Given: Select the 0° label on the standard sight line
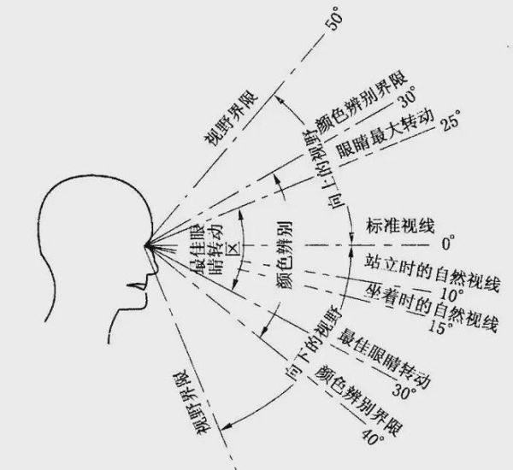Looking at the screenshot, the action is [x=448, y=244].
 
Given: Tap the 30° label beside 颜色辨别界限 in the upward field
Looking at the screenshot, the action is [x=408, y=97].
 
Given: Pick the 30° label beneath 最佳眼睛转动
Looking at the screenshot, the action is [x=404, y=391].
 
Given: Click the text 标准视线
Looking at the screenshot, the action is [x=400, y=226].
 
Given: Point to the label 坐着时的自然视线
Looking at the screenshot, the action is [x=432, y=307].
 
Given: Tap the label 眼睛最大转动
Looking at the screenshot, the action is [x=385, y=134].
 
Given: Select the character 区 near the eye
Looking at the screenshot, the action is [x=233, y=248].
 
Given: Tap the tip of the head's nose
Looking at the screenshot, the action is [x=157, y=269].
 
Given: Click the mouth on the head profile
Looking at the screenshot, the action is [x=138, y=286].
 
